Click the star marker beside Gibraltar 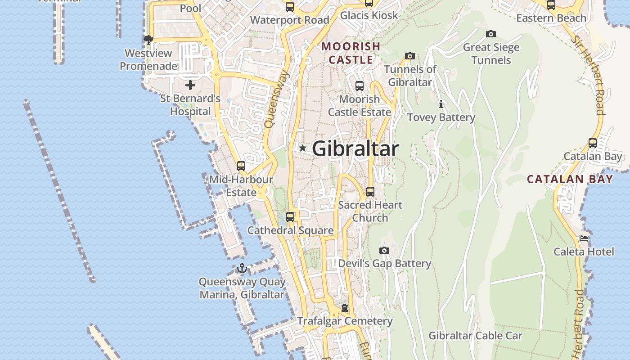click(302, 148)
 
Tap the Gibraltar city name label click(355, 148)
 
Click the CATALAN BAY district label click(570, 179)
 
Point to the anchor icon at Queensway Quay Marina click(242, 269)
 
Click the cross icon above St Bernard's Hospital click(190, 85)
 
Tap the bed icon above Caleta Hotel click(584, 238)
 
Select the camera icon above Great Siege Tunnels click(491, 34)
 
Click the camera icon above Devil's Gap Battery click(384, 250)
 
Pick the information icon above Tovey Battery click(441, 104)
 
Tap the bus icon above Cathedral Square click(290, 216)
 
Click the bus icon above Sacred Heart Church click(370, 191)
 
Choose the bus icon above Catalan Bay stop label click(593, 143)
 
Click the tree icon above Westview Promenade click(148, 40)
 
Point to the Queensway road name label click(276, 99)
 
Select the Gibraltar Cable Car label click(475, 336)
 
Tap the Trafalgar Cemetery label click(345, 321)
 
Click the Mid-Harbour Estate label click(241, 186)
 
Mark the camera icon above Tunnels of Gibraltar click(409, 56)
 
